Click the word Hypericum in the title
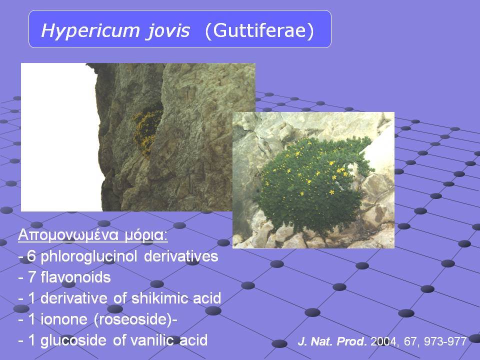tap(90, 31)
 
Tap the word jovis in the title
tap(168, 31)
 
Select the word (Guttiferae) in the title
tap(259, 30)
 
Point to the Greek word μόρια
tap(146, 235)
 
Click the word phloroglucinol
tap(88, 256)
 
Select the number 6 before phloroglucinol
tap(31, 256)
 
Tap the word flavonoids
tap(75, 277)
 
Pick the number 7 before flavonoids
tap(31, 277)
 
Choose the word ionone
tap(64, 319)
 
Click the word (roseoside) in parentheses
tap(133, 319)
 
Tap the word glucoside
tap(73, 340)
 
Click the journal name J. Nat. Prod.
tap(332, 341)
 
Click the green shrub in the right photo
tap(312, 183)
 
